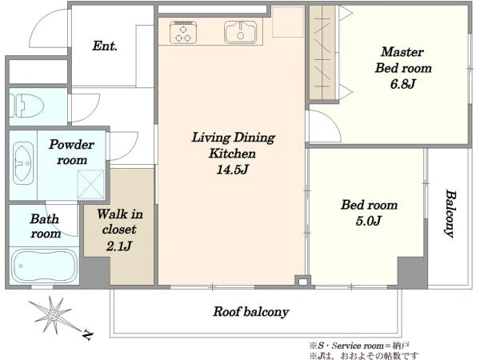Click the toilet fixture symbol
(26, 106)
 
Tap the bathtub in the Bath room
(44, 266)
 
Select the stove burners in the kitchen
(183, 32)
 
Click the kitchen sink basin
(241, 32)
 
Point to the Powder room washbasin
(23, 163)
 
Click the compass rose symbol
(53, 314)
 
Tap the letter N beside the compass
(88, 335)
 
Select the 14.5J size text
(233, 170)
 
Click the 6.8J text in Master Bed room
(403, 84)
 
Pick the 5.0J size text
(368, 221)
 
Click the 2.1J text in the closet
(119, 246)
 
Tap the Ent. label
(105, 46)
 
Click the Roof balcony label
(251, 312)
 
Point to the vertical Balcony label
(450, 214)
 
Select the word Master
(402, 51)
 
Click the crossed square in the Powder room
(90, 185)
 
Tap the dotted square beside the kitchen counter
(288, 22)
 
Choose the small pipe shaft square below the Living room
(302, 282)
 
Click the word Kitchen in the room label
(232, 154)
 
